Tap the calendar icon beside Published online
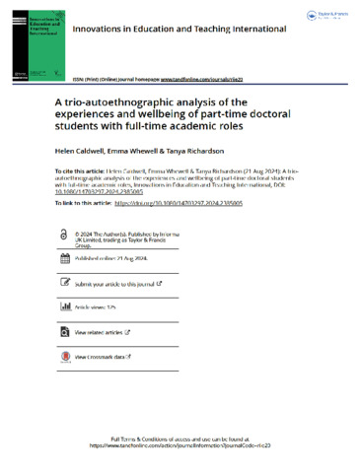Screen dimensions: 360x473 (65, 258)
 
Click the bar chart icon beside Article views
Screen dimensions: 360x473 (65, 307)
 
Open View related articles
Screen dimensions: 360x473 (105, 333)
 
